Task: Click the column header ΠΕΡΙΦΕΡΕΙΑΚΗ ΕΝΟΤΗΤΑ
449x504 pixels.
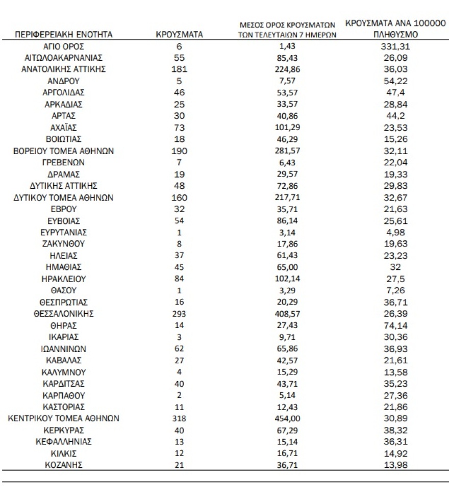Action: tap(64, 35)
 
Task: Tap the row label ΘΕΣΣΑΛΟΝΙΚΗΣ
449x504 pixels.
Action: tap(64, 314)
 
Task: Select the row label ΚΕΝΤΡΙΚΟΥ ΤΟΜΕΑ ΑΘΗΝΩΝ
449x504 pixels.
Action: tap(64, 418)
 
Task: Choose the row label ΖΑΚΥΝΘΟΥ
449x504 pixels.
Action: tap(64, 244)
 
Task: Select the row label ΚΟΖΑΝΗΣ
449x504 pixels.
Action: tap(64, 465)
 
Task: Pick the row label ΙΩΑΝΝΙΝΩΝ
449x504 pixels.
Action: tap(64, 349)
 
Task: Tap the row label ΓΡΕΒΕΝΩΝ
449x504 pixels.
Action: tap(64, 163)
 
